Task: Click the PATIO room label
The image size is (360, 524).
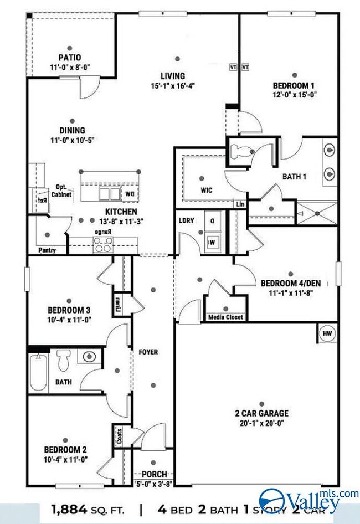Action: pyautogui.click(x=70, y=57)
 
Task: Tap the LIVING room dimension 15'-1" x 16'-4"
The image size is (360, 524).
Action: pyautogui.click(x=173, y=85)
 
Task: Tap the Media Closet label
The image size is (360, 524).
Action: pyautogui.click(x=225, y=317)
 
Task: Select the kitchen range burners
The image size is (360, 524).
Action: pyautogui.click(x=102, y=244)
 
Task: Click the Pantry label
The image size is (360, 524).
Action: pyautogui.click(x=47, y=250)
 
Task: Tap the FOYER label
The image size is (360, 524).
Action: pyautogui.click(x=148, y=352)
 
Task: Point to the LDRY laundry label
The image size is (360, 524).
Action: pyautogui.click(x=187, y=220)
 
